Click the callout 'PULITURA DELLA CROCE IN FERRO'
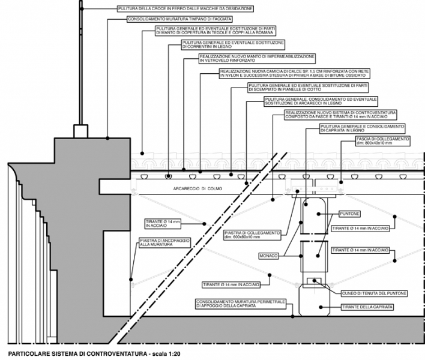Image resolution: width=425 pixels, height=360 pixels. pyautogui.click(x=185, y=9)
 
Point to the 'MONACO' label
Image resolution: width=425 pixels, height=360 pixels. pyautogui.click(x=268, y=256)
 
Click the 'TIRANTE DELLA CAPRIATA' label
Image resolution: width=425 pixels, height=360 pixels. pyautogui.click(x=368, y=307)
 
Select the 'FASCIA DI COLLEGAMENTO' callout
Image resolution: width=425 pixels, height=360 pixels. pyautogui.click(x=382, y=142)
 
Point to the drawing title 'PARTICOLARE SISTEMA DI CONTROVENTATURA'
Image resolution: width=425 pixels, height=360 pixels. pyautogui.click(x=72, y=353)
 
